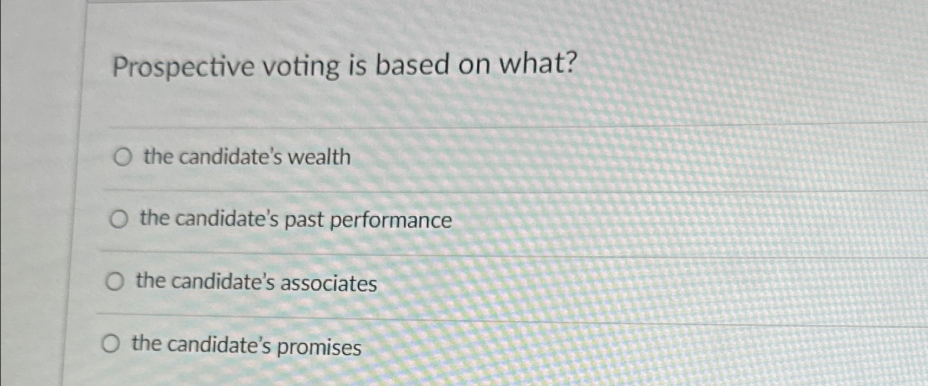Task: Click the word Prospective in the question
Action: (x=183, y=67)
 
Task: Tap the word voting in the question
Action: (x=301, y=66)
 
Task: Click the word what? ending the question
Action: (x=537, y=63)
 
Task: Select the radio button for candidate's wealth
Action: (x=123, y=157)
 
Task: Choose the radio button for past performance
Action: (x=119, y=220)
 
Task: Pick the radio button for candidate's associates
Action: (x=114, y=283)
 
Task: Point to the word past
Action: (x=304, y=220)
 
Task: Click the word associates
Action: (x=329, y=284)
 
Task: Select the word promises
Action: (x=319, y=347)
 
